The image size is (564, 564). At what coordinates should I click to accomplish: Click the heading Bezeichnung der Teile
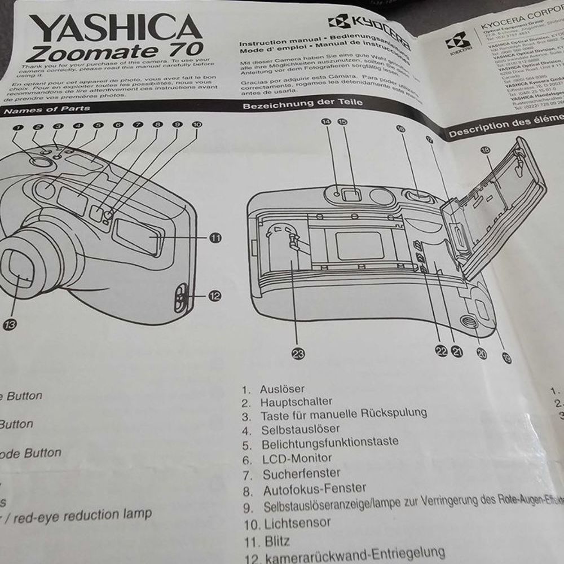click(x=302, y=104)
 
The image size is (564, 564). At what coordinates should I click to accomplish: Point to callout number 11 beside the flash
click(x=215, y=238)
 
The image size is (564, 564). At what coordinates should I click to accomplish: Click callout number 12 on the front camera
click(x=214, y=295)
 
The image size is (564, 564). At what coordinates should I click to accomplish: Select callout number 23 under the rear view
click(x=297, y=354)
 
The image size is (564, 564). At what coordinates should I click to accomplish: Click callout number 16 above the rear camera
click(x=401, y=129)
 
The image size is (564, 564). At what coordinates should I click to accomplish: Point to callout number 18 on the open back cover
click(x=486, y=150)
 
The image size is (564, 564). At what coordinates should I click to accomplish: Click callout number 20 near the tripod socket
click(x=481, y=353)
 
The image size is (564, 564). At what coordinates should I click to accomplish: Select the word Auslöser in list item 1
click(x=282, y=389)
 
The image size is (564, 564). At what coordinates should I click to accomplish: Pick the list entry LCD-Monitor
click(x=297, y=459)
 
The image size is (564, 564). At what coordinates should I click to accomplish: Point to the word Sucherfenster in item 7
click(x=302, y=474)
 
